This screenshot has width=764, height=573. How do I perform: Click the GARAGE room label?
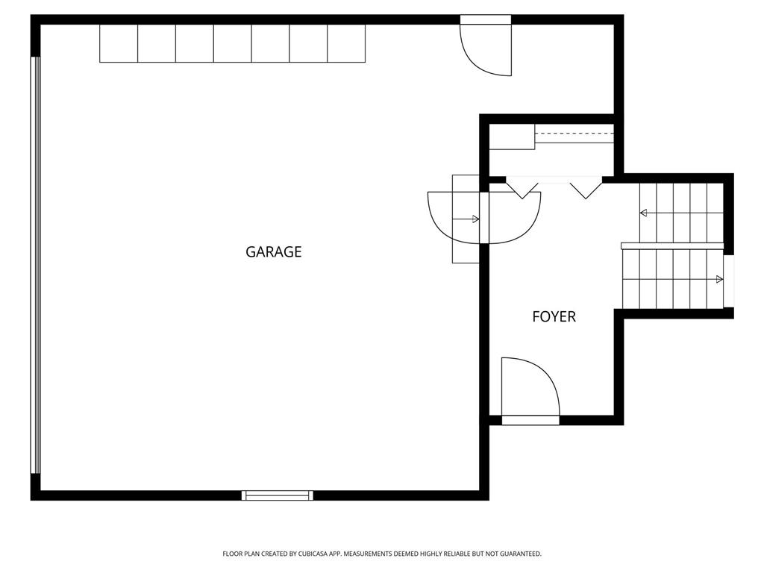click(x=273, y=252)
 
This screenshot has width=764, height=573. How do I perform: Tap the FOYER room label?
click(x=554, y=316)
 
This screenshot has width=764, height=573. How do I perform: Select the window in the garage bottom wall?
click(x=278, y=495)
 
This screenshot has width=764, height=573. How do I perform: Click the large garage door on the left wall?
click(x=36, y=265)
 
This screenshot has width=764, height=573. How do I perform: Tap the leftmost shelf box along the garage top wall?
click(x=119, y=43)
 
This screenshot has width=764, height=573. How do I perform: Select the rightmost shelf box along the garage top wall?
click(x=346, y=43)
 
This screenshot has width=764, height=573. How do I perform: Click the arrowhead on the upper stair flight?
click(x=643, y=213)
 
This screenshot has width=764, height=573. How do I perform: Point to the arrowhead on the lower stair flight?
click(x=719, y=279)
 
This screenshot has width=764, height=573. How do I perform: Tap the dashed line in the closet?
click(x=574, y=133)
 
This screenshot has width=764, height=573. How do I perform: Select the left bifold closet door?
click(x=522, y=190)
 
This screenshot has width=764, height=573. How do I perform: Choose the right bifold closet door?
click(x=586, y=190)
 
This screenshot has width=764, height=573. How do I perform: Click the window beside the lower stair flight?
click(x=729, y=281)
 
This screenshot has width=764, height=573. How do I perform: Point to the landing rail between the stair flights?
click(x=672, y=246)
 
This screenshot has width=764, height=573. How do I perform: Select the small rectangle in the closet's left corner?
click(x=512, y=137)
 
